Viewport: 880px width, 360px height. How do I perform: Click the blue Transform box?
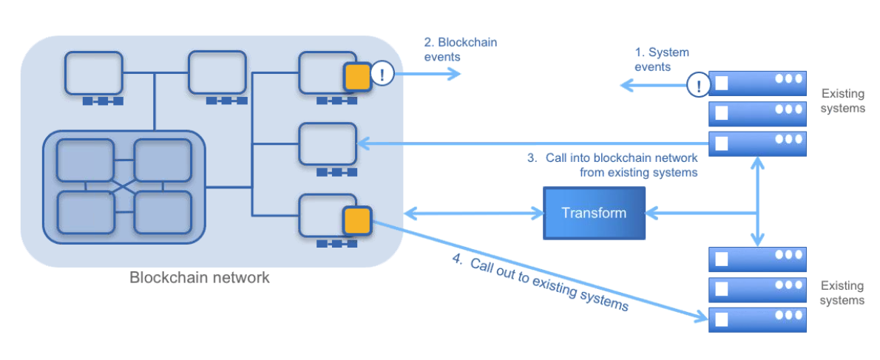594,213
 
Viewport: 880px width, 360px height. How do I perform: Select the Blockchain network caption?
200,278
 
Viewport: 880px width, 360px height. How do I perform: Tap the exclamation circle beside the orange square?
382,74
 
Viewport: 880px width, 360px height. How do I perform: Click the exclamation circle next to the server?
697,85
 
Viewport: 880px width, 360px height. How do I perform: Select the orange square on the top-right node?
356,76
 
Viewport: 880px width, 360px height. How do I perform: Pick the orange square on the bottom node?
356,220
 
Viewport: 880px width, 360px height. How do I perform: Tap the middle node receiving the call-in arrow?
328,143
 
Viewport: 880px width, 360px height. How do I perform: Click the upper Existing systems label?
842,101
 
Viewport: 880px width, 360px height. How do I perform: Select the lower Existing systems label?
842,293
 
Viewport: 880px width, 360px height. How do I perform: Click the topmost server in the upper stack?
757,84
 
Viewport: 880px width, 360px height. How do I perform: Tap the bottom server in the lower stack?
757,319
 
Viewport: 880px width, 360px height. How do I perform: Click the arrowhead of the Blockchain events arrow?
454,74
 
